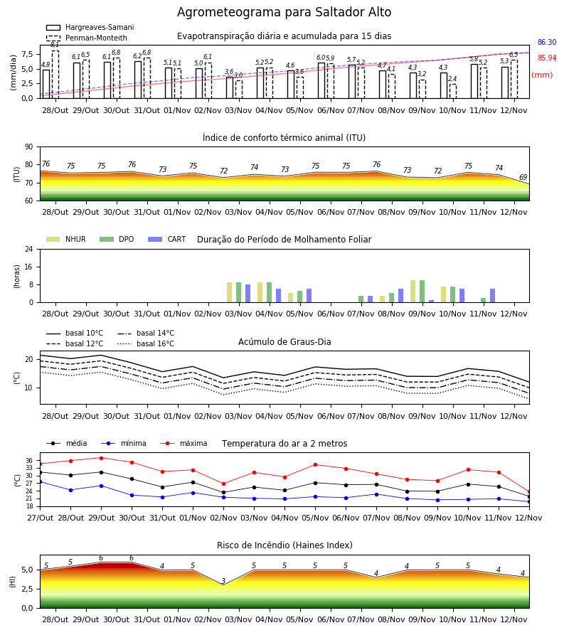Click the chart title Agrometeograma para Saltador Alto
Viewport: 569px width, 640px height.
point(284,12)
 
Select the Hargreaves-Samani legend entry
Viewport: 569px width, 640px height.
point(90,27)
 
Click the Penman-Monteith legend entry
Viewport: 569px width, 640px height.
point(87,38)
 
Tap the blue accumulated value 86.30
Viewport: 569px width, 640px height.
point(547,42)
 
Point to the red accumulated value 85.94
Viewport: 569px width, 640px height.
point(547,58)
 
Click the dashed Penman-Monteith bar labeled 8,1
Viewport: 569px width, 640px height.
point(55,74)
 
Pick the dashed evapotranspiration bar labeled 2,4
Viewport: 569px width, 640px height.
point(453,91)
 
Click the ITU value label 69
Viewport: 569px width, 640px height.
point(523,177)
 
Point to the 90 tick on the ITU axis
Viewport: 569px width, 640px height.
point(29,147)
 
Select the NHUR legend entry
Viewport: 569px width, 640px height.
point(66,239)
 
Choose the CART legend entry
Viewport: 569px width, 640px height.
point(167,239)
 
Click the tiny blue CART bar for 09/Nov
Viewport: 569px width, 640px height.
point(432,302)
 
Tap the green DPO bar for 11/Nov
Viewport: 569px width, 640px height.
point(483,300)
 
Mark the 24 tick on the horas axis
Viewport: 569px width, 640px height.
point(29,250)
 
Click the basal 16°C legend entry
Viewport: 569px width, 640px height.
point(146,343)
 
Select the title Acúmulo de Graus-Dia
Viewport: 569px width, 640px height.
point(284,342)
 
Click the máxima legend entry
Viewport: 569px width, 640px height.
point(184,443)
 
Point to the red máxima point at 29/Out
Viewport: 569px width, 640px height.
point(101,458)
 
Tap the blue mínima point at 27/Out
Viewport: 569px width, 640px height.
point(40,482)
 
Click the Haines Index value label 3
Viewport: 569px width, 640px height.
point(223,581)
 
